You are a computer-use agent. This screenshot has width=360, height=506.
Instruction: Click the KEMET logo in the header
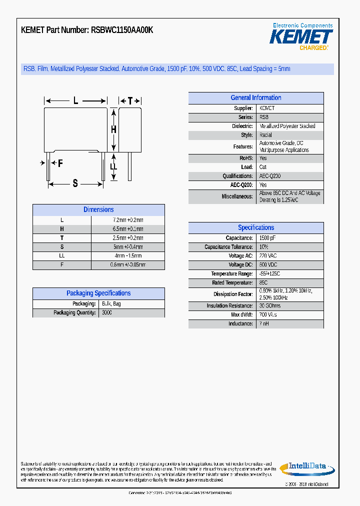(x=301, y=37)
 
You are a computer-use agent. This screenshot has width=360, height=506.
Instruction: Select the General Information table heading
(x=255, y=98)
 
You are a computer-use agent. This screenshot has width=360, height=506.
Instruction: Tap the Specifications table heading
(x=255, y=227)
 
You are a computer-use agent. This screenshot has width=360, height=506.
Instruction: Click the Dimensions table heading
(x=98, y=210)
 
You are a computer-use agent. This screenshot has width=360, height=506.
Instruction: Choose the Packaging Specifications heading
(x=98, y=293)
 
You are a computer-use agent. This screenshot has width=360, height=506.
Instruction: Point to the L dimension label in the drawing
(x=75, y=101)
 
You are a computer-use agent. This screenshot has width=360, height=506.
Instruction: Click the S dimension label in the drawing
(x=75, y=183)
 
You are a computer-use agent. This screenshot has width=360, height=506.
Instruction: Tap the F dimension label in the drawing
(x=60, y=163)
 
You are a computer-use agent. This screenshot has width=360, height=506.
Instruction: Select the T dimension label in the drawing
(x=130, y=101)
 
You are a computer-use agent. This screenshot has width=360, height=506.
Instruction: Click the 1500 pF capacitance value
(x=267, y=238)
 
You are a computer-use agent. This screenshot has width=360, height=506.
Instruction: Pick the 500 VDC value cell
(x=268, y=265)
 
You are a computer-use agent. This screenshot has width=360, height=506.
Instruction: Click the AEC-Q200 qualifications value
(x=270, y=176)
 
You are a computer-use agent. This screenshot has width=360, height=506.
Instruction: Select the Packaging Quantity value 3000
(x=107, y=313)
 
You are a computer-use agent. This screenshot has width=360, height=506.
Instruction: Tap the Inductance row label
(x=240, y=324)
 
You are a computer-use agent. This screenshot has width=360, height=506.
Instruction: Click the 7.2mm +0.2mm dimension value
(x=128, y=220)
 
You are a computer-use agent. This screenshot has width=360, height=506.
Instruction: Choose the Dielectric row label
(x=242, y=126)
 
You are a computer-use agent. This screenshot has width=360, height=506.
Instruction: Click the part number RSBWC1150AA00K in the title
(x=122, y=30)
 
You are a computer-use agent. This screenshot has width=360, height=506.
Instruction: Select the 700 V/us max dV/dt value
(x=268, y=315)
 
